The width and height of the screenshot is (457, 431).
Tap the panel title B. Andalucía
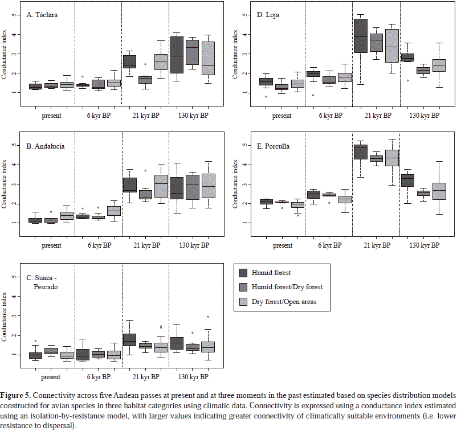coord(46,146)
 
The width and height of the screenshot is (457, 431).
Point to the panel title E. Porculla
coord(274,146)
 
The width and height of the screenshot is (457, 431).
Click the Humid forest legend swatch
coord(243,273)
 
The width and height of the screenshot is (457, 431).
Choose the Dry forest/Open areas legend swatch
coord(243,302)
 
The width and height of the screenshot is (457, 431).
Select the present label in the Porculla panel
coord(281,246)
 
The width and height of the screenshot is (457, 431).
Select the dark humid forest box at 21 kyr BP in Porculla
coord(360,152)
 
